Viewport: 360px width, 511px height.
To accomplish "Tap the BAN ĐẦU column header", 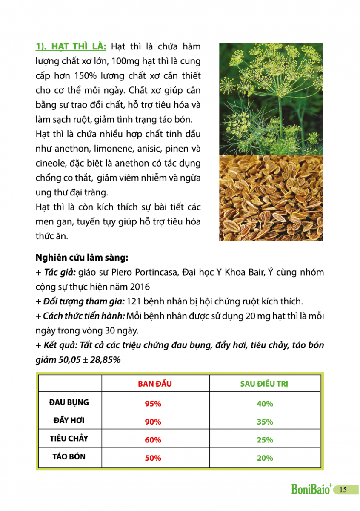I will [154, 384].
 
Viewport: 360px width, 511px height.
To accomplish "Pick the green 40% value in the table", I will [265, 404].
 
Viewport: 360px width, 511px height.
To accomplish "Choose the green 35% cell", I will [265, 422].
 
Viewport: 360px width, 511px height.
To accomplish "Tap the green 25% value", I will [265, 440].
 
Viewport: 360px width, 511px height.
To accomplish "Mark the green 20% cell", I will [265, 458].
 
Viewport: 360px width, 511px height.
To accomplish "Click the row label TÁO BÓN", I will [69, 456].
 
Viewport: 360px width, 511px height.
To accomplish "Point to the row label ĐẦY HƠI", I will [69, 420].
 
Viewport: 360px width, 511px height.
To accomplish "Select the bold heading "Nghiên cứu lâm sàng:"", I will [82, 258].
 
